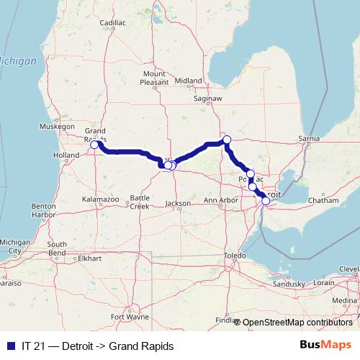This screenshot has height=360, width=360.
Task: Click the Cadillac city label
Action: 112,23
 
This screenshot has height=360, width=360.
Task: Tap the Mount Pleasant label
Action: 155,78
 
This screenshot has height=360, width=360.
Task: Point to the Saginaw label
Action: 208,98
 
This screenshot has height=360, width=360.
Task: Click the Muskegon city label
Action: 58,125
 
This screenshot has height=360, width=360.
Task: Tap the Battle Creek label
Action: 140,201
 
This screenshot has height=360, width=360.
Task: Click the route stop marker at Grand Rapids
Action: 94,145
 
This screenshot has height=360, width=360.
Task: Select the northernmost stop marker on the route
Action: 226,140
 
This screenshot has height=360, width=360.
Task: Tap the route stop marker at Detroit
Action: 266,201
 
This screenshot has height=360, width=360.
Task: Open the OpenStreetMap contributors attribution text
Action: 297,323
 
